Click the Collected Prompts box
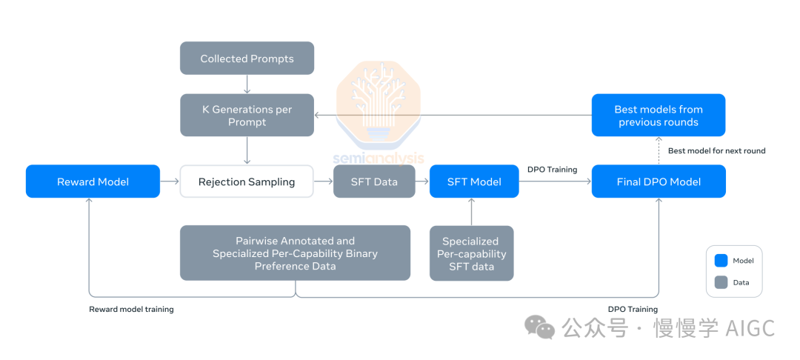click(x=247, y=59)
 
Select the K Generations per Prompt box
click(x=247, y=116)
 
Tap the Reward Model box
click(x=93, y=181)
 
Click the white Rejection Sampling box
click(x=247, y=181)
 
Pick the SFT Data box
click(x=374, y=181)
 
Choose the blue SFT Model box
click(x=474, y=181)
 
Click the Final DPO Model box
click(x=659, y=181)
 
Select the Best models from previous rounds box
click(x=659, y=116)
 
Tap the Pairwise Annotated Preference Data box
click(x=295, y=253)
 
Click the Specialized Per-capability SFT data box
click(x=471, y=253)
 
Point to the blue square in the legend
click(x=721, y=261)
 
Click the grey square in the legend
click(x=721, y=281)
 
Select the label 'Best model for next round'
click(x=716, y=150)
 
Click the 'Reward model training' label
click(x=131, y=309)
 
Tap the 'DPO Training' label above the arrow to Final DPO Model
click(x=552, y=170)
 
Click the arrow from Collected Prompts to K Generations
click(x=247, y=84)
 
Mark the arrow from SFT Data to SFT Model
click(x=422, y=181)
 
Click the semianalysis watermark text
click(x=379, y=158)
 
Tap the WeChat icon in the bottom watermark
click(x=539, y=327)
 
